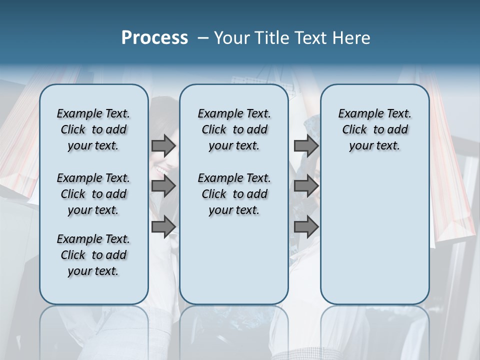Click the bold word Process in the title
tap(154, 38)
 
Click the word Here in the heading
tap(351, 38)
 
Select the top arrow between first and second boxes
tap(163, 146)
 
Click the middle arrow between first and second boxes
tap(163, 186)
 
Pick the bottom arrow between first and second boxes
tap(163, 226)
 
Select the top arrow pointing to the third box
tap(306, 146)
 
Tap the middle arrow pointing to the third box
tap(306, 186)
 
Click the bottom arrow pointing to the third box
tap(306, 226)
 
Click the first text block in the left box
tap(93, 129)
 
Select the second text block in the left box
tap(93, 194)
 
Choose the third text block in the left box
tap(93, 255)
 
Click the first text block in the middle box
tap(234, 129)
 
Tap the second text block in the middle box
tap(234, 194)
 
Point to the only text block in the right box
tap(374, 129)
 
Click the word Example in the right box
tap(357, 114)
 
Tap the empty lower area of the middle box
tap(234, 260)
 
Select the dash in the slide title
tap(203, 38)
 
